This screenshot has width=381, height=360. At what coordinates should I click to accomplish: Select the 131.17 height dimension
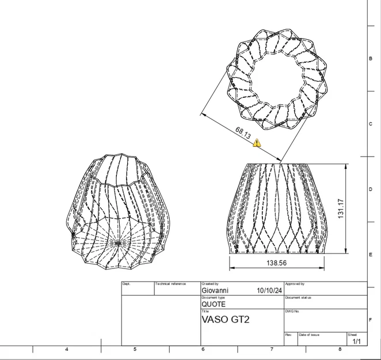pyautogui.click(x=341, y=209)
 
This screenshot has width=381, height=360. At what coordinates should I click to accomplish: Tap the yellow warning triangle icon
pyautogui.click(x=257, y=143)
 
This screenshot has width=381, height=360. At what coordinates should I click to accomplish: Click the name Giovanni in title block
pyautogui.click(x=215, y=291)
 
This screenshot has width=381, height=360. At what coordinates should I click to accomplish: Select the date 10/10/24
pyautogui.click(x=269, y=291)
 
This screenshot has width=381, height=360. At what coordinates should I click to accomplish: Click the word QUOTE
pyautogui.click(x=214, y=304)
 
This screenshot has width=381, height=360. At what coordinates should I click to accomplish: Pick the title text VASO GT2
pyautogui.click(x=225, y=319)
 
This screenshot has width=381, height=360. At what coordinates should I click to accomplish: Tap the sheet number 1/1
pyautogui.click(x=357, y=341)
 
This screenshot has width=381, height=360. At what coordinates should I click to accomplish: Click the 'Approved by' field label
pyautogui.click(x=295, y=284)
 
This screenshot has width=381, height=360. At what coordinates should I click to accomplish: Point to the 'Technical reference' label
pyautogui.click(x=171, y=284)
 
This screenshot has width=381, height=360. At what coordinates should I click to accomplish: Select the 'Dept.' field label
pyautogui.click(x=127, y=284)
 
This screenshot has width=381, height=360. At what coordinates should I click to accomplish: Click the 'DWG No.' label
pyautogui.click(x=293, y=311)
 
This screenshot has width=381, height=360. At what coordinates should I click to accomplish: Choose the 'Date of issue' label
pyautogui.click(x=309, y=335)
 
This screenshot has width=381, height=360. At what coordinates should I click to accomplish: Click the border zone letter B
pyautogui.click(x=370, y=59)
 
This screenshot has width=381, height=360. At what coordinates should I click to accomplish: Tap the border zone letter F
pyautogui.click(x=370, y=319)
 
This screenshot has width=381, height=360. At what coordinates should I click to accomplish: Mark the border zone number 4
pyautogui.click(x=67, y=349)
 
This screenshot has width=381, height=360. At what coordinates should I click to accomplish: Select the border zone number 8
pyautogui.click(x=340, y=349)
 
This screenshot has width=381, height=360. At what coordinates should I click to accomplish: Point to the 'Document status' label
pyautogui.click(x=298, y=298)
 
